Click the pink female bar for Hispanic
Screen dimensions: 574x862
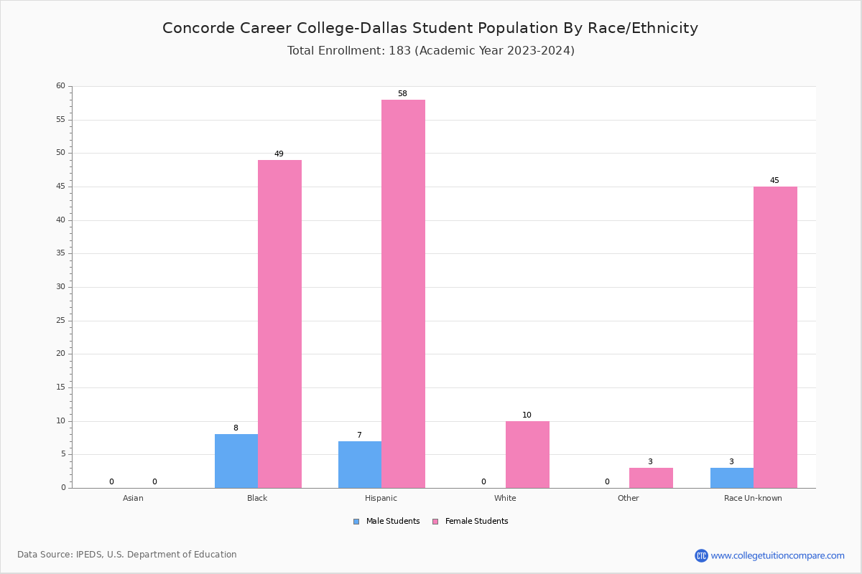(403, 294)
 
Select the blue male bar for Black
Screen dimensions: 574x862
(236, 461)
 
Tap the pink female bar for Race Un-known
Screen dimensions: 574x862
(775, 337)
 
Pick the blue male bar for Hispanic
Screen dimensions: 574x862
(360, 464)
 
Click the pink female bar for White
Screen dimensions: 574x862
(527, 454)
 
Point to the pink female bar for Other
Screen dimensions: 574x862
(651, 478)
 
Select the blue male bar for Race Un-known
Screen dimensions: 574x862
(732, 478)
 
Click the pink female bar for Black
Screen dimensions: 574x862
(279, 324)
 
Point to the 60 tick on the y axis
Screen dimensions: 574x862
(61, 86)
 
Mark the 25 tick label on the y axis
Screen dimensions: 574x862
(61, 321)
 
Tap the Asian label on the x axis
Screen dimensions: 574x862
(133, 498)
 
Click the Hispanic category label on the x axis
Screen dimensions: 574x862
(381, 498)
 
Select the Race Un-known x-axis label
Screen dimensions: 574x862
(753, 498)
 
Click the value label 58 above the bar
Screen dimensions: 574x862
(402, 94)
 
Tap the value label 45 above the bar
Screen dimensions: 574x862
(774, 181)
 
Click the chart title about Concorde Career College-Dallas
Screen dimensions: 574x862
(430, 28)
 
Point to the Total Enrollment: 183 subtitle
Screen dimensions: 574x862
(431, 51)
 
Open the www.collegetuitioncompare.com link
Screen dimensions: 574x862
(777, 555)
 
